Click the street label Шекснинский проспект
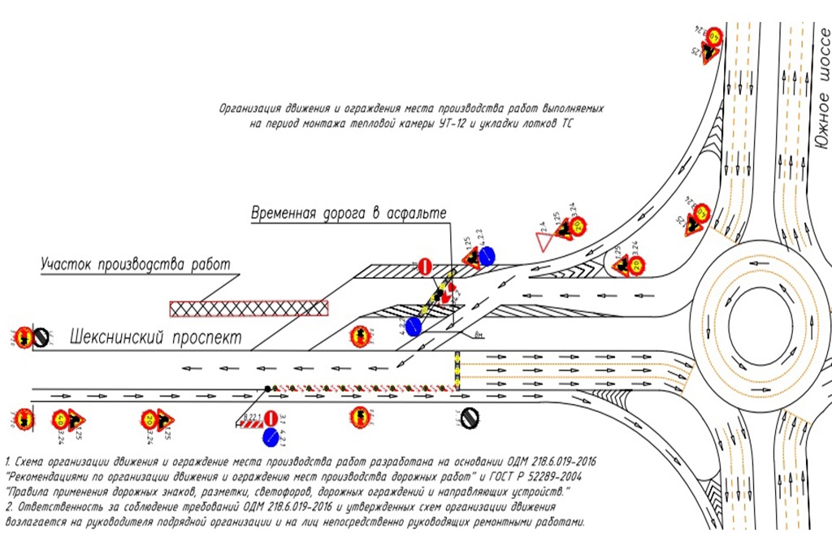[x=155, y=335]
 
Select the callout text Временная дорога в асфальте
[x=349, y=213]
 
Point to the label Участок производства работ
[x=136, y=264]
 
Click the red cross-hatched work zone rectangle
[x=249, y=308]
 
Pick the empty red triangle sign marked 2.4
[x=542, y=241]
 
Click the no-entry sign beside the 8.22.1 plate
[x=271, y=420]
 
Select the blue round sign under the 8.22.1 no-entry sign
[x=271, y=438]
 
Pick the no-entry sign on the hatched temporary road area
[x=424, y=265]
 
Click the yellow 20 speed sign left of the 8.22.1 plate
[x=149, y=419]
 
